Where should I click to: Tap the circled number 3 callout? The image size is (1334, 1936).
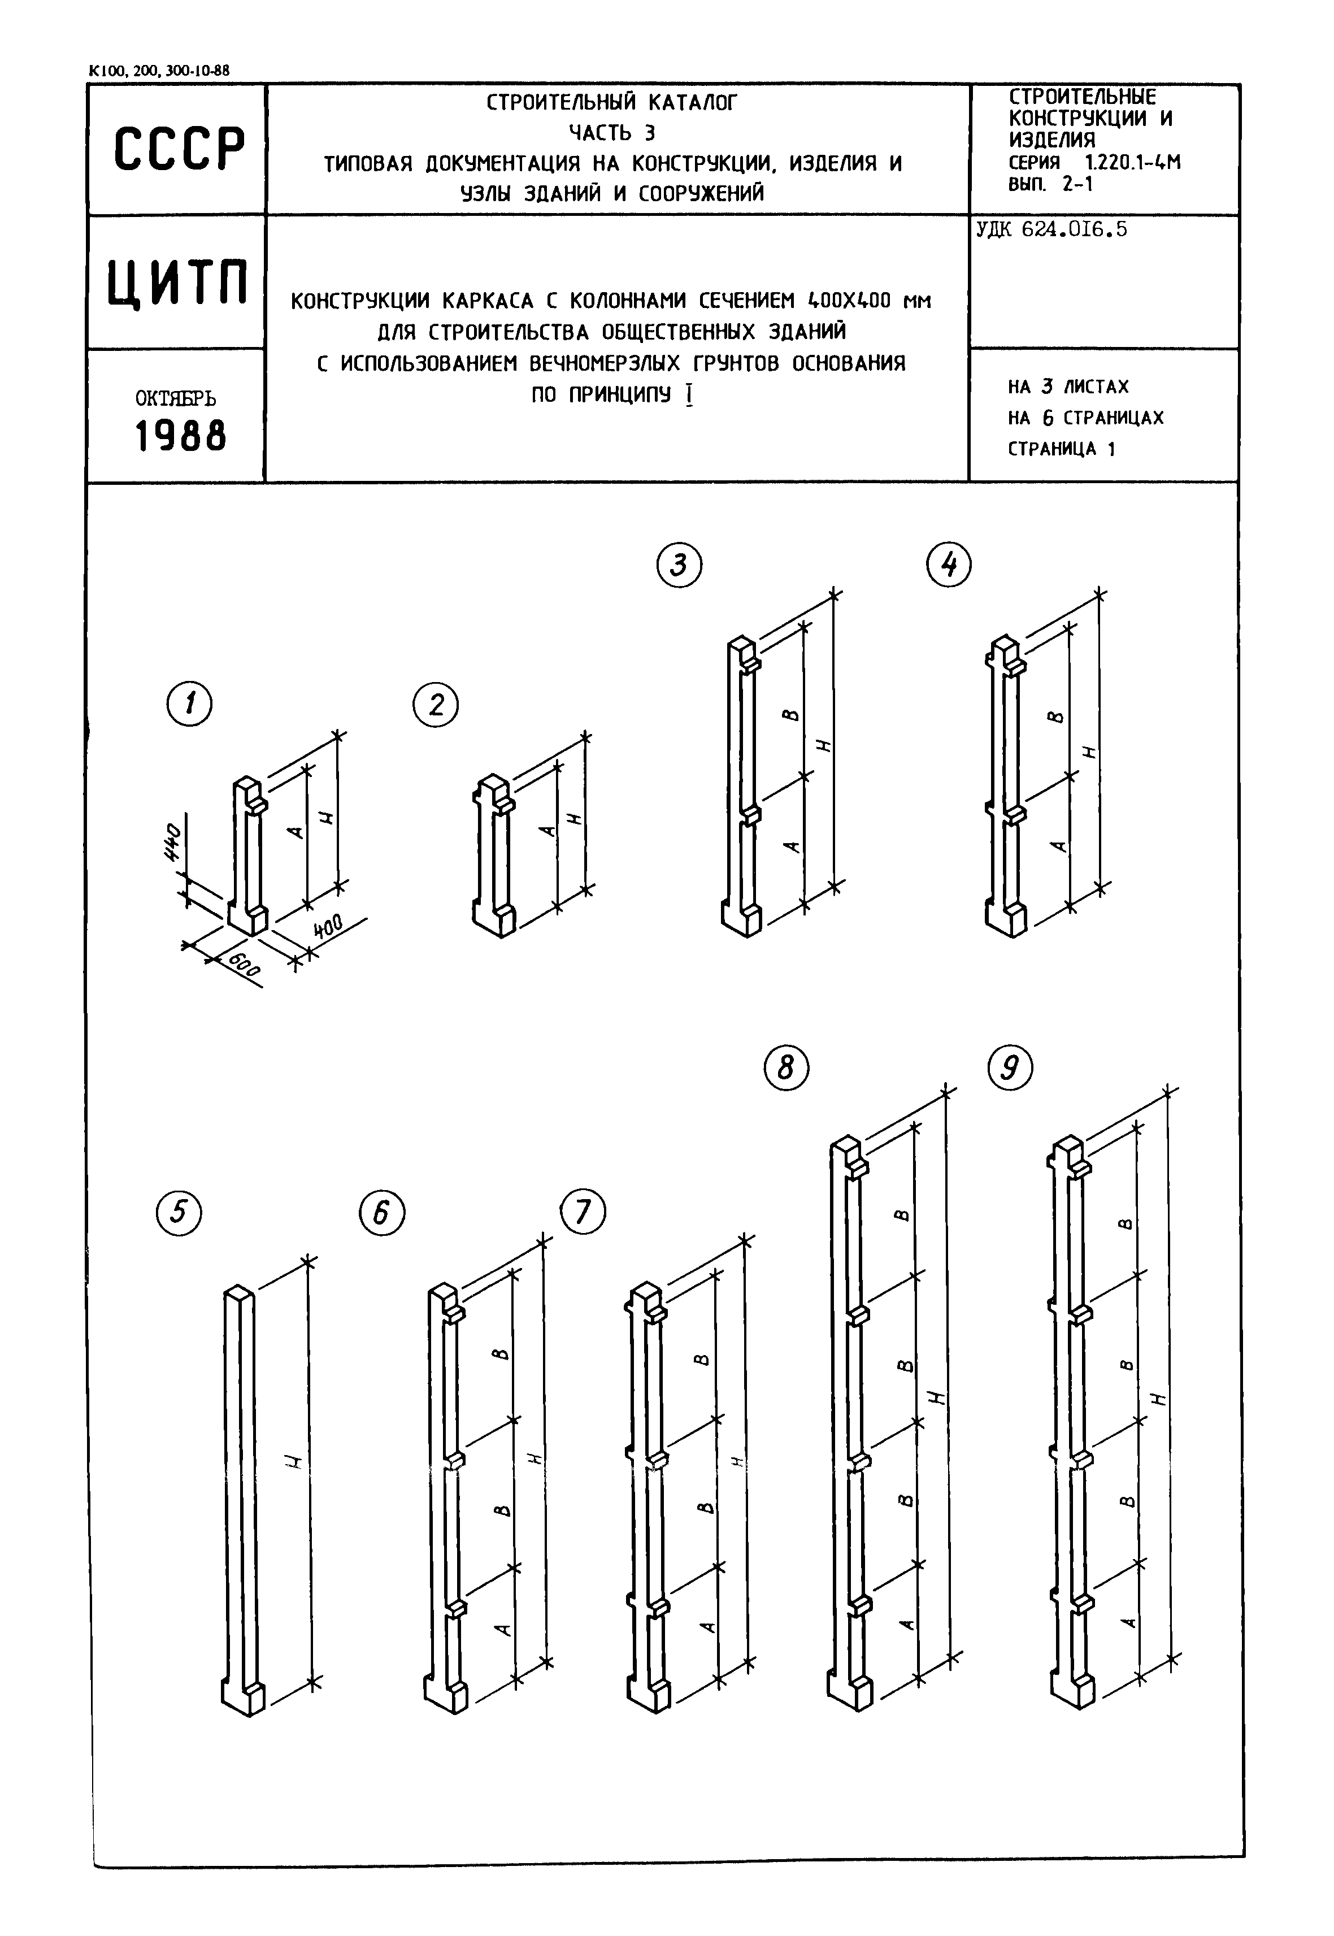click(679, 566)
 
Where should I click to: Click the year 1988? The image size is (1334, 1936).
click(181, 436)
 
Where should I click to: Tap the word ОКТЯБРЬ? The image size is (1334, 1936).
click(176, 399)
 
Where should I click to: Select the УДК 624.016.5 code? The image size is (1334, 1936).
click(1051, 229)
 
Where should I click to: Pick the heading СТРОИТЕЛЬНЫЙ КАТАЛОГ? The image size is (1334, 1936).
click(612, 103)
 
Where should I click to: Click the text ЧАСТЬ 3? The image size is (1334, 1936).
click(612, 133)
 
